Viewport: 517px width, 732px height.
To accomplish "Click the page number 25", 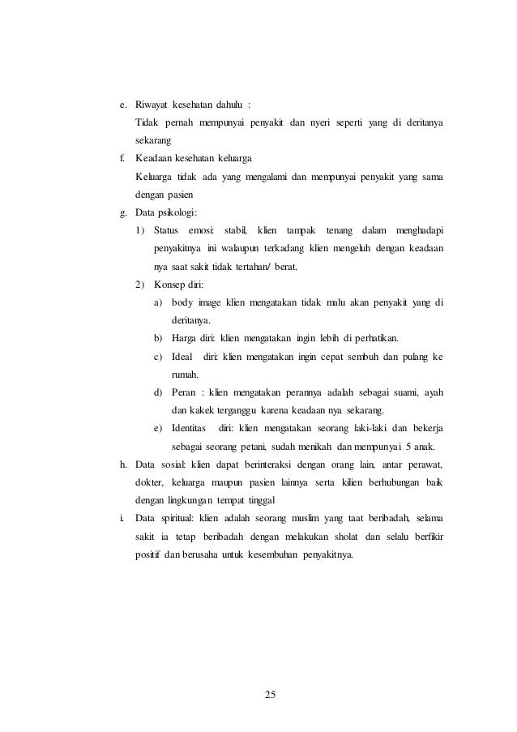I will click(x=271, y=694).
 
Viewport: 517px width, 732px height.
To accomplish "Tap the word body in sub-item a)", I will click(x=182, y=302).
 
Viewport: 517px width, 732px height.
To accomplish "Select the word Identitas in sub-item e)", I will click(x=191, y=426).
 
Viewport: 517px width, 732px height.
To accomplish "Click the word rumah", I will click(x=186, y=374).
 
